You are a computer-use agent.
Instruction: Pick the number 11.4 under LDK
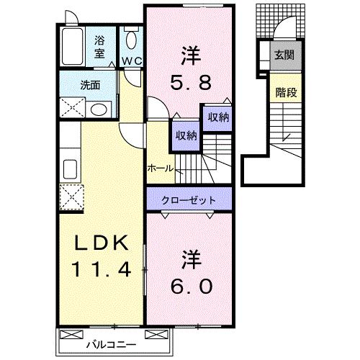click(x=101, y=271)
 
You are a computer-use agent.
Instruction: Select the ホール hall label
click(x=159, y=168)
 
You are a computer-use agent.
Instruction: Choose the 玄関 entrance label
click(x=282, y=54)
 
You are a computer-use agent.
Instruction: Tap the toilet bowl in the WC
click(x=131, y=39)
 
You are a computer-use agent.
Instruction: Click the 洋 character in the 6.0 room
click(x=190, y=256)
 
